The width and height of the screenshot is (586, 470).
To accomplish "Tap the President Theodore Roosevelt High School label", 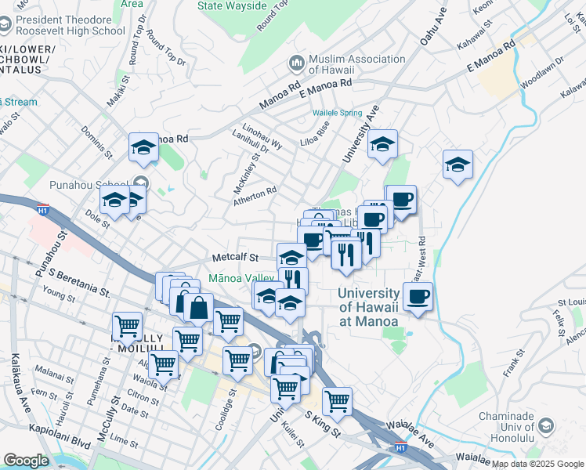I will [71, 24].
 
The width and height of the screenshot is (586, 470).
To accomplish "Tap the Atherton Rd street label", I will [255, 196].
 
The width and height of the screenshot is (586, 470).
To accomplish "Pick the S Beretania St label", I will [79, 283].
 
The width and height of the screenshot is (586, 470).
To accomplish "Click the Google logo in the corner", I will [25, 461].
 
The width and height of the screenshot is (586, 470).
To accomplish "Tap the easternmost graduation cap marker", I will [458, 164].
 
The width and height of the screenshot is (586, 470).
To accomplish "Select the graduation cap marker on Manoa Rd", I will [143, 146].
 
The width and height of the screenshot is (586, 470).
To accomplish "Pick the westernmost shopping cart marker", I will [127, 324].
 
